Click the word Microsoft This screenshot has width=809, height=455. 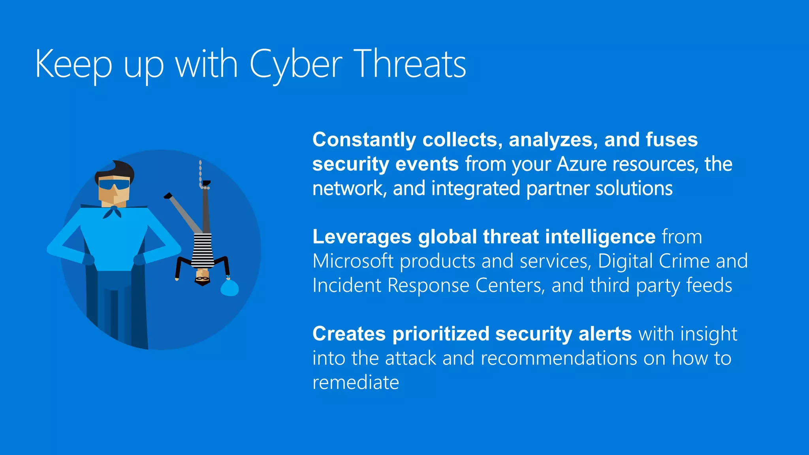(353, 261)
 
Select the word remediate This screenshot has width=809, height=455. (356, 382)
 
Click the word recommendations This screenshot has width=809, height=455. (559, 358)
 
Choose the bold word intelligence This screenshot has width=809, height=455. (600, 237)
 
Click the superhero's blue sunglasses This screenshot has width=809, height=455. (114, 184)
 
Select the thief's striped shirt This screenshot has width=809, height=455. (203, 250)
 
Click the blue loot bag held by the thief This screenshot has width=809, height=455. (229, 288)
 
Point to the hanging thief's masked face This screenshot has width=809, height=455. (203, 277)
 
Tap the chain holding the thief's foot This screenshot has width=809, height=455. (201, 172)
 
